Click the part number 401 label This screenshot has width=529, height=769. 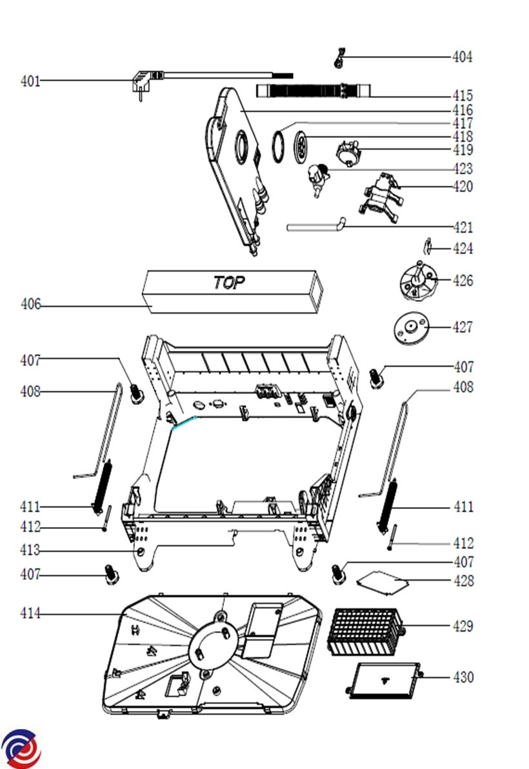click(x=30, y=82)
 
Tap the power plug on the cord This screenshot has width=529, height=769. click(x=141, y=83)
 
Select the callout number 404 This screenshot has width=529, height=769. click(x=462, y=57)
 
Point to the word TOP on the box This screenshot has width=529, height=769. click(x=229, y=283)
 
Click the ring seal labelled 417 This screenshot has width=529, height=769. click(x=278, y=145)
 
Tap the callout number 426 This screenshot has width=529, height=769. click(x=462, y=281)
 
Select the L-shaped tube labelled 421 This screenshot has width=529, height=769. click(x=317, y=226)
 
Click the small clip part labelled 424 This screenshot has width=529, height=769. click(x=427, y=246)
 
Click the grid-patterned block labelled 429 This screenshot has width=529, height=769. click(x=365, y=630)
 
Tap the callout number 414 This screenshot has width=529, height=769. click(x=30, y=614)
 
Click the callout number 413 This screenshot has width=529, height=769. click(x=30, y=551)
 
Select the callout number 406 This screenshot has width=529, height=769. click(x=30, y=304)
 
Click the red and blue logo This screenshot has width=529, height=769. click(x=21, y=749)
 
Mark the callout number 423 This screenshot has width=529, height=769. click(x=462, y=169)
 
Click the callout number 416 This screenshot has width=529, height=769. click(x=462, y=110)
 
